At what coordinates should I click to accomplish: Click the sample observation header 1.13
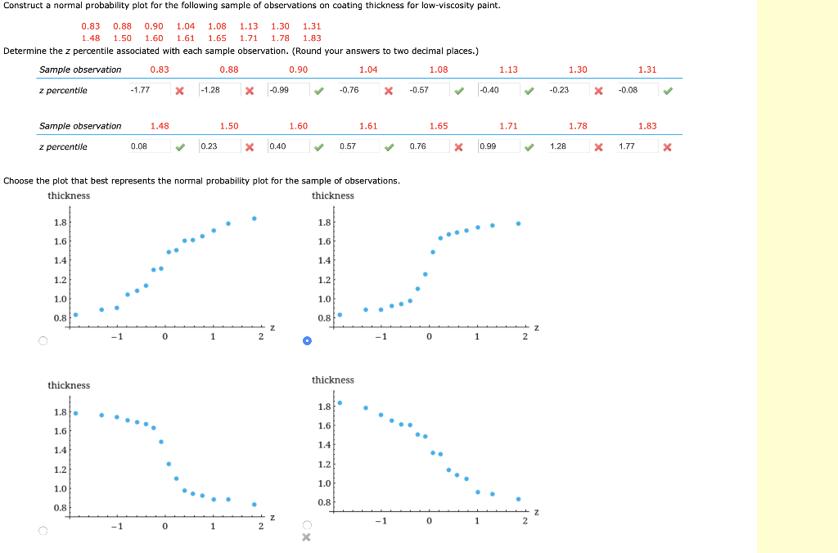pyautogui.click(x=508, y=70)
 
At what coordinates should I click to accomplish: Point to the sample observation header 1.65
pyautogui.click(x=439, y=126)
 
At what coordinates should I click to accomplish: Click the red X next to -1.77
pyautogui.click(x=179, y=91)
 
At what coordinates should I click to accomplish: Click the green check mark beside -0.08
pyautogui.click(x=668, y=91)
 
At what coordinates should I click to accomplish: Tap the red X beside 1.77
pyautogui.click(x=668, y=147)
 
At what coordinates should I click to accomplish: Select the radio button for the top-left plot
pyautogui.click(x=43, y=341)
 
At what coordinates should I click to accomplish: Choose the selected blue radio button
pyautogui.click(x=307, y=341)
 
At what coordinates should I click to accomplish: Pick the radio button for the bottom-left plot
pyautogui.click(x=43, y=531)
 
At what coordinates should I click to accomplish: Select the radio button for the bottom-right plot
pyautogui.click(x=307, y=525)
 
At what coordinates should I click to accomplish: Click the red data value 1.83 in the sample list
pyautogui.click(x=312, y=38)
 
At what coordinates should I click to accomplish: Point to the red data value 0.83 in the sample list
pyautogui.click(x=91, y=26)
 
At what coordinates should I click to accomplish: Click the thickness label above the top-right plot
pyautogui.click(x=333, y=196)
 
